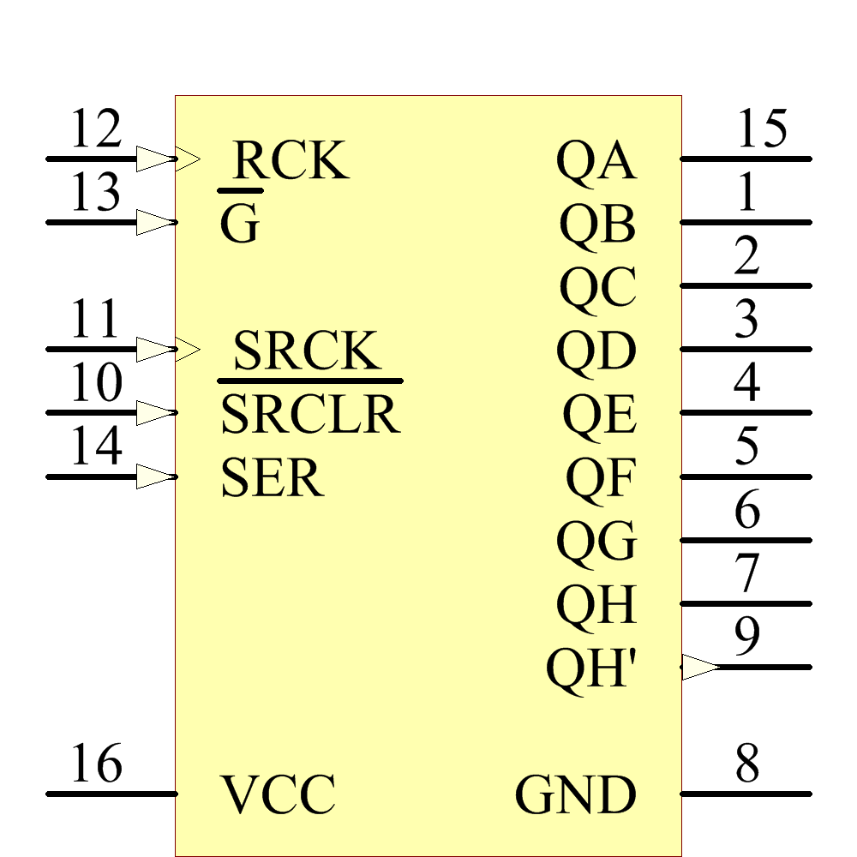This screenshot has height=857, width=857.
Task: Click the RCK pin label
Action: (291, 159)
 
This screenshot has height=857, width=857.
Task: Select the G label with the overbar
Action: (239, 225)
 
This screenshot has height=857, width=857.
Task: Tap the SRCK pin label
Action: (305, 351)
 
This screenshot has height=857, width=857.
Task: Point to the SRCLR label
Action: (310, 414)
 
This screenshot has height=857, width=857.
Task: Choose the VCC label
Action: (279, 794)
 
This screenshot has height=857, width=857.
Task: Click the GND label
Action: (576, 794)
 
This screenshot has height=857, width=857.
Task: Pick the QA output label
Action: (596, 160)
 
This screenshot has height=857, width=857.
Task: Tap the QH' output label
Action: (591, 668)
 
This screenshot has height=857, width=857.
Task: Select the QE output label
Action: (599, 415)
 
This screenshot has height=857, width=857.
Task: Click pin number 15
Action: (761, 129)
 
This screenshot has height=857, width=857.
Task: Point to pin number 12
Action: (96, 129)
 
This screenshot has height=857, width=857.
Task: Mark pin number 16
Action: (96, 764)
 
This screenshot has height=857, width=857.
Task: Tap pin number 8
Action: (747, 764)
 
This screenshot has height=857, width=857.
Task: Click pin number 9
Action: (747, 637)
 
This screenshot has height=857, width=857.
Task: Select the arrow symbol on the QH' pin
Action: (700, 667)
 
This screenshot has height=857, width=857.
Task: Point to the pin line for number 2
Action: (746, 285)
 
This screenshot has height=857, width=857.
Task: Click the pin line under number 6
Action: (746, 540)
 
